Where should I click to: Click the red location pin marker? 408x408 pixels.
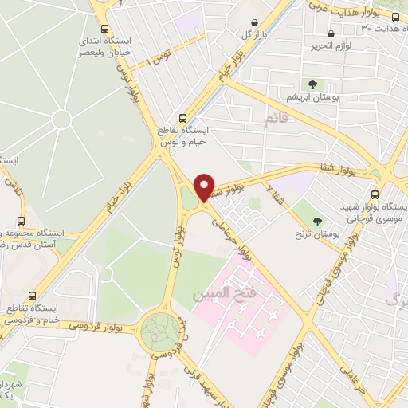(x=204, y=188)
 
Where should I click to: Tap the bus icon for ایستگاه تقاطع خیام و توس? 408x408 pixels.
(x=184, y=116)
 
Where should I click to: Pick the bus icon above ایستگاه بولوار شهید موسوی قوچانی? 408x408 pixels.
(x=375, y=194)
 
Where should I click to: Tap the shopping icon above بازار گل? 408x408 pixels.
(x=253, y=22)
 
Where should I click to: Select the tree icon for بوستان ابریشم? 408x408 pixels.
(x=312, y=84)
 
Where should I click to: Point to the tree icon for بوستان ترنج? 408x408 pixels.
(x=318, y=221)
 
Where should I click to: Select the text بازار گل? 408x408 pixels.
(x=251, y=35)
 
